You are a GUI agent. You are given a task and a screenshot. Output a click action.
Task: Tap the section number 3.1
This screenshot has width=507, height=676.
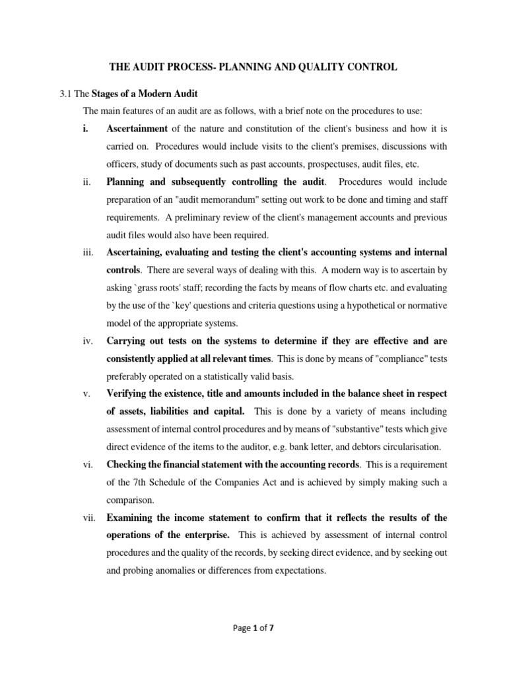[x=67, y=93]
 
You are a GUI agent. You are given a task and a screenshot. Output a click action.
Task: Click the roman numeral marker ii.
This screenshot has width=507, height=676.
[x=87, y=182]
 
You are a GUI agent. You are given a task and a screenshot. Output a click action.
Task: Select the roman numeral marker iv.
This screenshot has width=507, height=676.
[x=88, y=341]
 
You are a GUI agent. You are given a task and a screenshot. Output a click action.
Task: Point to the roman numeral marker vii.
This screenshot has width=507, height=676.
[x=89, y=518]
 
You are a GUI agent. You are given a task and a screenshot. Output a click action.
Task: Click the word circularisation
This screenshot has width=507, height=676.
[x=399, y=448]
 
